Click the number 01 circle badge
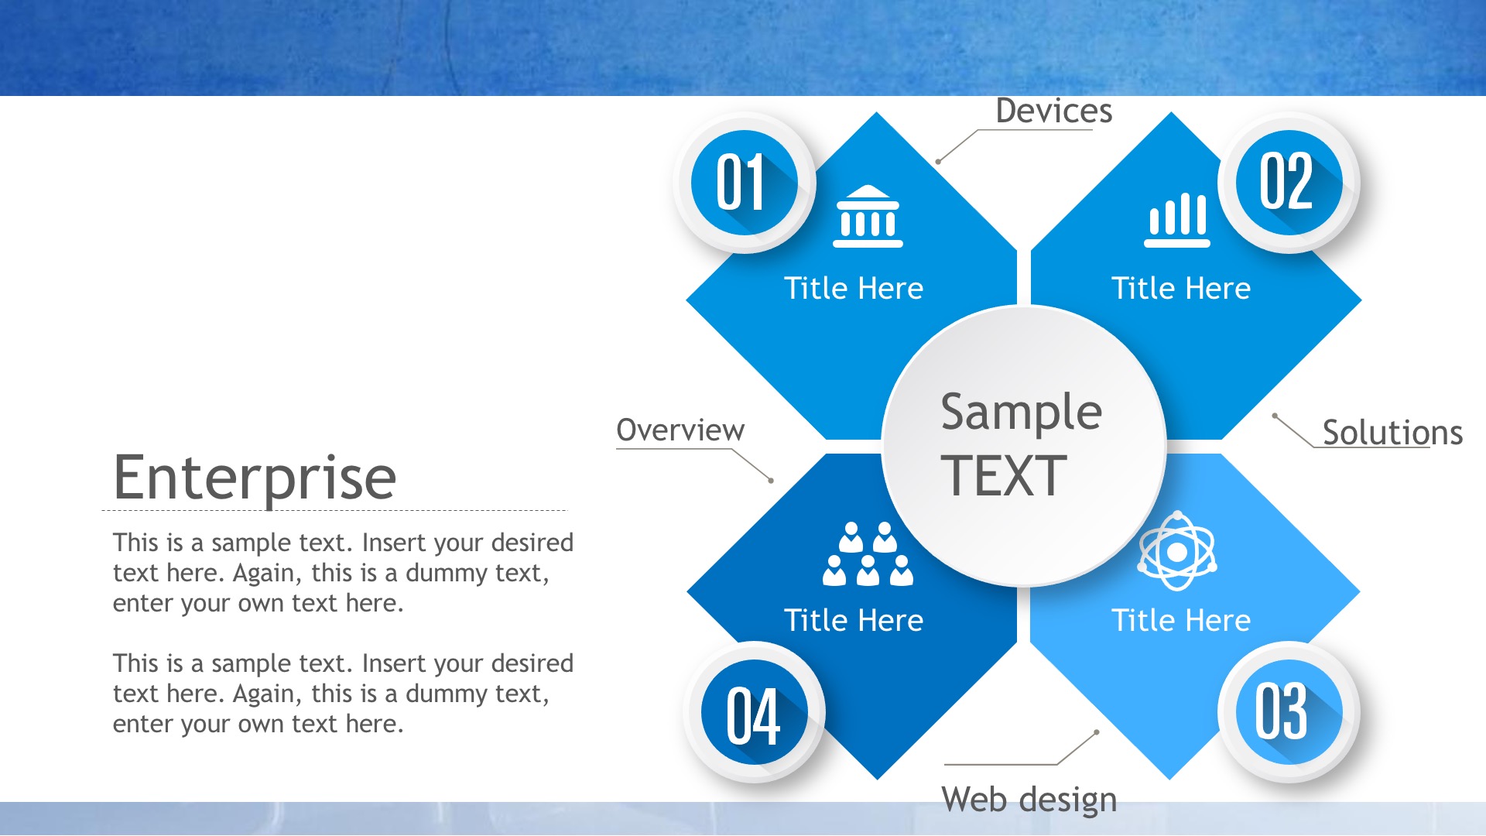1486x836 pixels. (x=745, y=183)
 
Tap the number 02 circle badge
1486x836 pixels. (x=1289, y=183)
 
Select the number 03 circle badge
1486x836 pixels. (x=1289, y=712)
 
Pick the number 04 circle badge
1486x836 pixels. (x=755, y=712)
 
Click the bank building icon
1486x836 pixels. (x=868, y=216)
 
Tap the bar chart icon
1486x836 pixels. (x=1177, y=221)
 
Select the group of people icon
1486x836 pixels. (x=868, y=553)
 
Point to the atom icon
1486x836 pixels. (x=1177, y=551)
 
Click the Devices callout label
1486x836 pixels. (x=1053, y=111)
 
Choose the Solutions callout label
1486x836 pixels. (x=1392, y=433)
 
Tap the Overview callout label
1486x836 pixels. (x=680, y=430)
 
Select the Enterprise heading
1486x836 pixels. (x=255, y=478)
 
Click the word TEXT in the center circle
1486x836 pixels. (x=1004, y=475)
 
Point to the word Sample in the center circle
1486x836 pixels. (x=1022, y=412)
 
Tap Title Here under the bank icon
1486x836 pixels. (x=854, y=289)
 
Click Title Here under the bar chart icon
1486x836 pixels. (x=1181, y=289)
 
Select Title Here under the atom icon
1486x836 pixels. (x=1181, y=621)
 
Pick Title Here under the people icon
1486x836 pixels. (x=854, y=621)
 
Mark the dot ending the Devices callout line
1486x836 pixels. (x=938, y=162)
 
